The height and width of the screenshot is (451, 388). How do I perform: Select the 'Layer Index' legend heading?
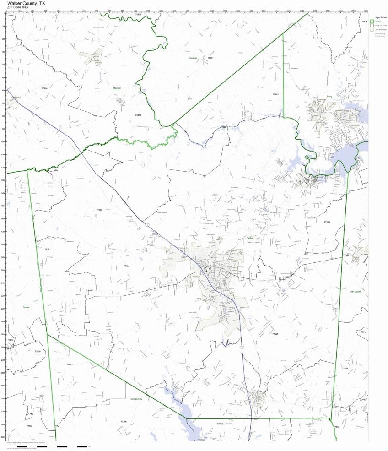pyautogui.click(x=380, y=17)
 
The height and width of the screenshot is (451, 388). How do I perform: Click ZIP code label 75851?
pyautogui.click(x=210, y=58)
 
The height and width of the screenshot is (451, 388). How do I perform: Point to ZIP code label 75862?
pyautogui.click(x=275, y=94)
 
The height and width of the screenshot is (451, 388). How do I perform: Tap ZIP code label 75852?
pyautogui.click(x=138, y=115)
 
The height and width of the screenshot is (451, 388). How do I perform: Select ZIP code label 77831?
pyautogui.click(x=46, y=249)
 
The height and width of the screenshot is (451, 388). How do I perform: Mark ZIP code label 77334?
pyautogui.click(x=326, y=222)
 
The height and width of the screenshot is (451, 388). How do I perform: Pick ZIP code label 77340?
pyautogui.click(x=275, y=334)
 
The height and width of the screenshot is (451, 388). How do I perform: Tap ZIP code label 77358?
pyautogui.click(x=345, y=368)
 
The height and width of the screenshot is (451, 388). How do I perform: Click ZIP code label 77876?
pyautogui.click(x=38, y=351)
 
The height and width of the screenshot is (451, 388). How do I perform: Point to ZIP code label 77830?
pyautogui.click(x=29, y=426)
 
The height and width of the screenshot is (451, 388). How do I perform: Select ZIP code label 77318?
pyautogui.click(x=220, y=424)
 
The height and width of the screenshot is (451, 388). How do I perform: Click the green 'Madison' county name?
pyautogui.click(x=117, y=88)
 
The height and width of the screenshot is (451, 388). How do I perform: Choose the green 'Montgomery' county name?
pyautogui.click(x=137, y=398)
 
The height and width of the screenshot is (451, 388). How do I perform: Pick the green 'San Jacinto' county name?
pyautogui.click(x=356, y=291)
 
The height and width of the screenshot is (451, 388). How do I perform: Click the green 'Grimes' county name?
pyautogui.click(x=26, y=307)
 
